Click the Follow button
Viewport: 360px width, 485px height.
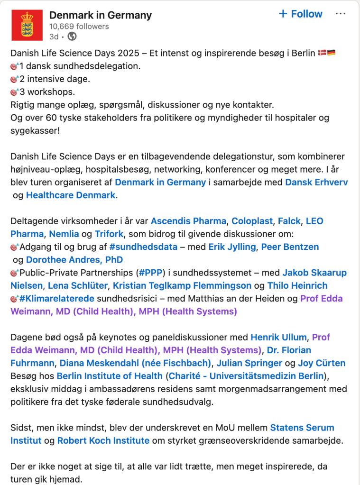click(x=300, y=14)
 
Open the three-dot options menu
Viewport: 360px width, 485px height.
click(x=341, y=14)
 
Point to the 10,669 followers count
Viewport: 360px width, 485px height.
click(x=79, y=27)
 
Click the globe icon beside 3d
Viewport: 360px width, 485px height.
click(x=72, y=37)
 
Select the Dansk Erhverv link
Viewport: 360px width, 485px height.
click(x=316, y=182)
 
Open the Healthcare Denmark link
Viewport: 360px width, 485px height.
click(x=71, y=195)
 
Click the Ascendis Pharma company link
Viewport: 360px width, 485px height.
click(x=188, y=221)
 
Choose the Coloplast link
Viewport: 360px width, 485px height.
click(x=252, y=221)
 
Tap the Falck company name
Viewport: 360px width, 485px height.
click(x=289, y=221)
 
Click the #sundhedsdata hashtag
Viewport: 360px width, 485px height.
click(x=143, y=247)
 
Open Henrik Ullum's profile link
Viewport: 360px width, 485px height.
click(x=278, y=338)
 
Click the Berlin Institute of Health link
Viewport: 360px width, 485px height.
click(x=109, y=376)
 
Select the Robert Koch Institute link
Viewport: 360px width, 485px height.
click(x=103, y=440)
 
